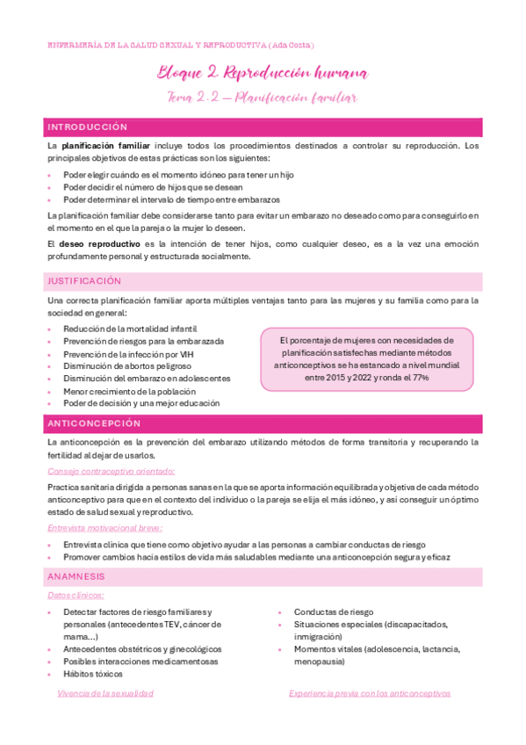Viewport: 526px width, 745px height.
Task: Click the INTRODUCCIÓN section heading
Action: click(87, 127)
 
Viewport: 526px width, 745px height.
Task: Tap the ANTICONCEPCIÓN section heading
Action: click(94, 423)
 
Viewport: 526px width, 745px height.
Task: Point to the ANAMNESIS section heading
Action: click(76, 576)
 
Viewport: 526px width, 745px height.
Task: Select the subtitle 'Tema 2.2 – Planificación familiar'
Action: click(263, 98)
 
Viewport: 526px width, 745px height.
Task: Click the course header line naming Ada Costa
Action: click(180, 45)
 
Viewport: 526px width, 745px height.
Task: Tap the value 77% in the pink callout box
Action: click(420, 377)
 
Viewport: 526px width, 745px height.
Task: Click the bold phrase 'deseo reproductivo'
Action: click(99, 242)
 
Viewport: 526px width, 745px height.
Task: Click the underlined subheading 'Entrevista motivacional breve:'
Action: click(105, 528)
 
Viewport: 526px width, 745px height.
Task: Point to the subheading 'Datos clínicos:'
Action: click(77, 595)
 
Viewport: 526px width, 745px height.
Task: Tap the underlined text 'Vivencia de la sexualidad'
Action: click(104, 693)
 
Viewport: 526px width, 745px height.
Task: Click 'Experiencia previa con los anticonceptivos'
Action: click(370, 693)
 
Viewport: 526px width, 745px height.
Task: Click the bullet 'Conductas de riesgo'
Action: click(333, 611)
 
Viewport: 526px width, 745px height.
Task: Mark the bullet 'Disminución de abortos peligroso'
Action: click(126, 365)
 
